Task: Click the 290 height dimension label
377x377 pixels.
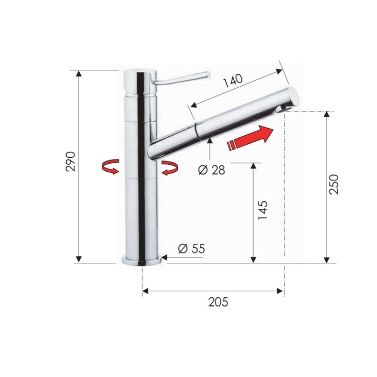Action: pos(71,162)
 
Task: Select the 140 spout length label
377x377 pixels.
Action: pos(233,81)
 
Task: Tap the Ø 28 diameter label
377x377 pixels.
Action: pos(212,170)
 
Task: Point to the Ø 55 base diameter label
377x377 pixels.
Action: pos(192,249)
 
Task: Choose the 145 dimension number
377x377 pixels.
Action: pos(263,210)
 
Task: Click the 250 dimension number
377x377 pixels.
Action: pos(334,184)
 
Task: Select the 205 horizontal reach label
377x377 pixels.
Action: pos(218,302)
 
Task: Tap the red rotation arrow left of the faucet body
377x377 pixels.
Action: pos(110,166)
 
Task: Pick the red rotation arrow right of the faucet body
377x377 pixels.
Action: pos(170,168)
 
